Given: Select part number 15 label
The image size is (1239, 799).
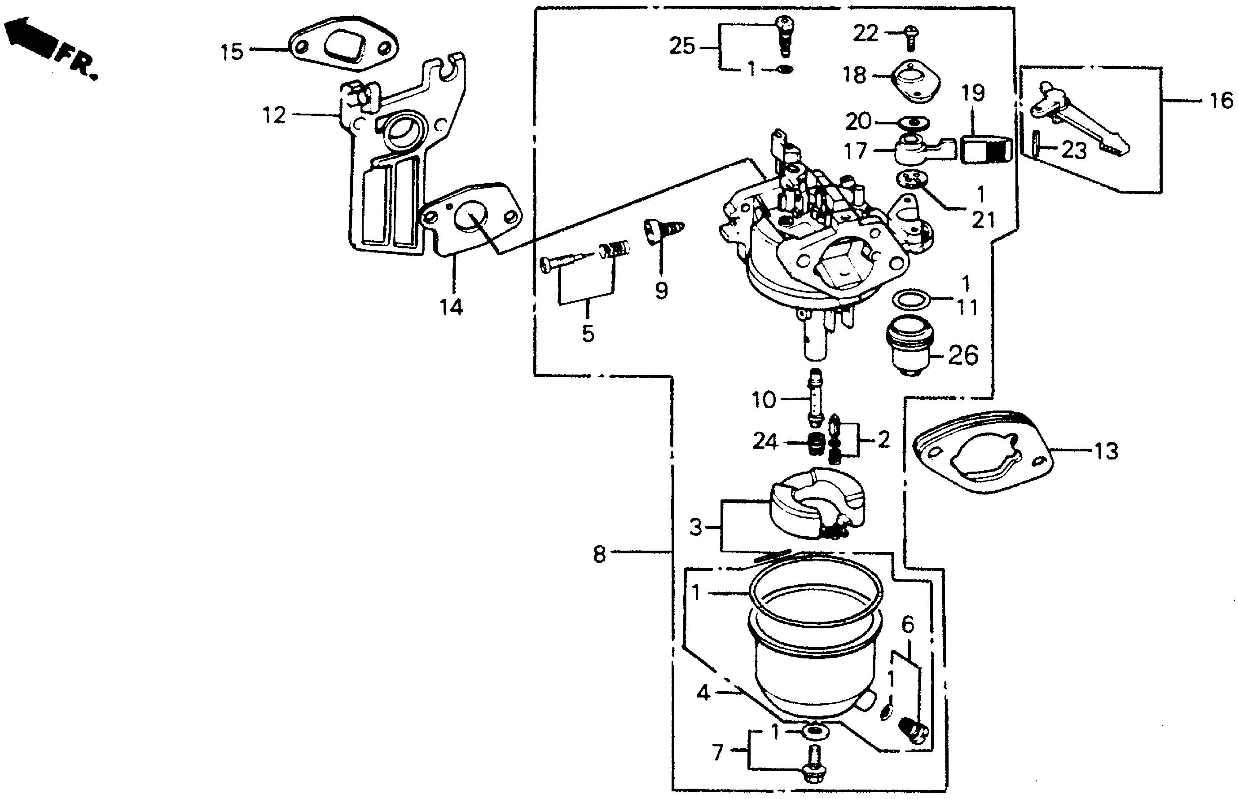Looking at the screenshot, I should click(232, 53).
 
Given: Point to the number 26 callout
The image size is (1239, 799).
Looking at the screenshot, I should click(963, 356).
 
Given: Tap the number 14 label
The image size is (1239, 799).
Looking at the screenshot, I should click(451, 307).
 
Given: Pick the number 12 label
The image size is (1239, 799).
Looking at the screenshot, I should click(273, 115).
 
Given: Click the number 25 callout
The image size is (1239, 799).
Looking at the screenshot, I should click(681, 47).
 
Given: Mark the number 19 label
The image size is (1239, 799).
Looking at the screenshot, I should click(973, 94).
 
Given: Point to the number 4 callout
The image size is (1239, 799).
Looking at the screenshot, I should click(703, 693).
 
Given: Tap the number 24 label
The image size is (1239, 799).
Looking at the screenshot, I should click(765, 442).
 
